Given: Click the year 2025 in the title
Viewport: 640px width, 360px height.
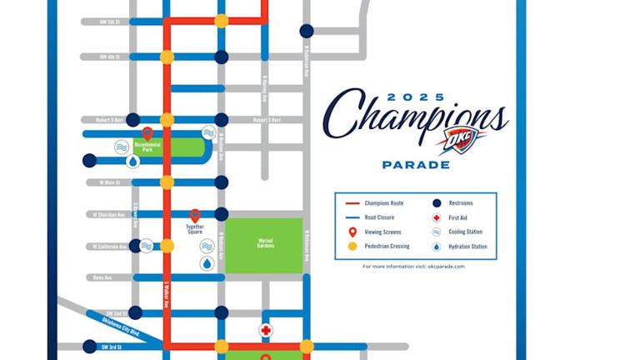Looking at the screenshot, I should tap(416, 97).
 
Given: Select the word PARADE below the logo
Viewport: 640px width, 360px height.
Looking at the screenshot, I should tap(416, 165).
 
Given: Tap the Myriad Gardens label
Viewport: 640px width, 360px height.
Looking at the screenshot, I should tap(266, 242).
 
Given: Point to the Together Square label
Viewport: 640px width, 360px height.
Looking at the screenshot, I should tap(194, 229).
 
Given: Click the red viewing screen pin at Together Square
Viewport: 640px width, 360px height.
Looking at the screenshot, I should tap(195, 216).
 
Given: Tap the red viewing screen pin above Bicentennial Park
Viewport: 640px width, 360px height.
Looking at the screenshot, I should tap(147, 132).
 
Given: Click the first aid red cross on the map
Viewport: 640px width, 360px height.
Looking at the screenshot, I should tap(266, 330).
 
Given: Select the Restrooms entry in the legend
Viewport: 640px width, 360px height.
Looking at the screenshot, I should tap(462, 202).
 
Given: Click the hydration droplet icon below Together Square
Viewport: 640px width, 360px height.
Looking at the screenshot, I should tap(207, 263).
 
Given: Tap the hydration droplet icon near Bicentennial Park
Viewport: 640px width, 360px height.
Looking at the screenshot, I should tap(132, 162).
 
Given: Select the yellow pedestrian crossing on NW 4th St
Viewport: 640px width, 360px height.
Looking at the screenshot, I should tap(167, 57).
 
